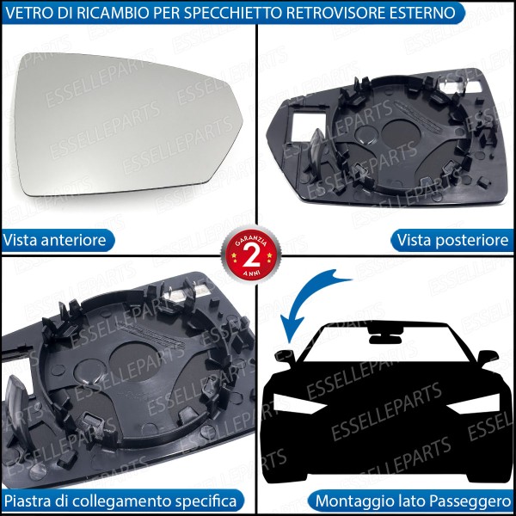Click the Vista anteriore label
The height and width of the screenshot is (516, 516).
(55, 240)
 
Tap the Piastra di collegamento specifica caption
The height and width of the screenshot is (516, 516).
(120, 500)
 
